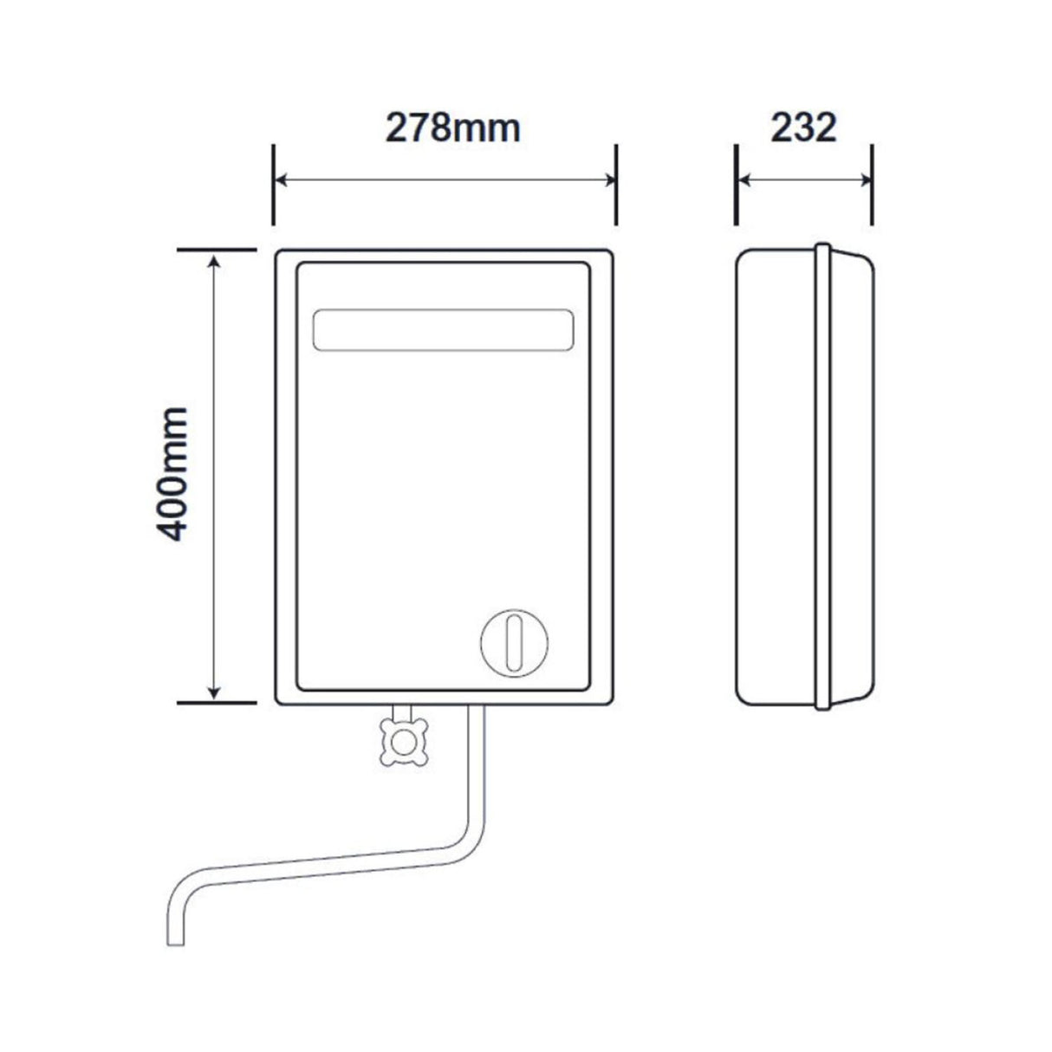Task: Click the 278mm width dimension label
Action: [x=452, y=127]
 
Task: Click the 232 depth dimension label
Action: [x=803, y=127]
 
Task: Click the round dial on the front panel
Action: [x=515, y=642]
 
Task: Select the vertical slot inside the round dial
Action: [x=515, y=642]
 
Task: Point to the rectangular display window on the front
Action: [x=443, y=330]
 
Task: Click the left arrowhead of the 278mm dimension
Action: [x=281, y=180]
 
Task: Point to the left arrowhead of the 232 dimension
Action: [x=744, y=180]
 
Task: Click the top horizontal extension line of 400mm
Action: [x=217, y=250]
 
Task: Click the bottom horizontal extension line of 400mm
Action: [x=217, y=702]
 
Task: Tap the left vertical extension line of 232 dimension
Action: [x=736, y=185]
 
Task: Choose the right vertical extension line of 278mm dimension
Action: [x=616, y=185]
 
